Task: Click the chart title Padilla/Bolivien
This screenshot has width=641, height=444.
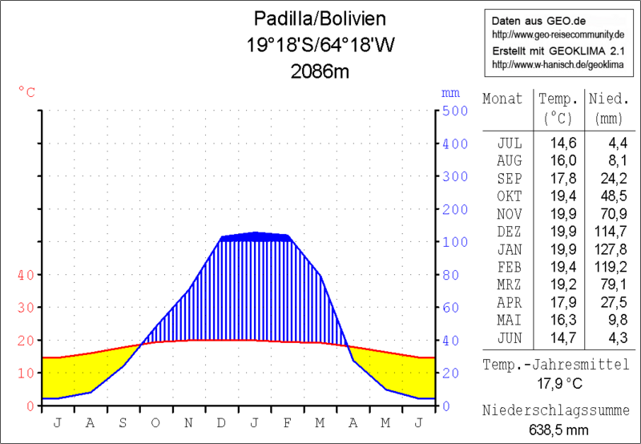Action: click(x=320, y=18)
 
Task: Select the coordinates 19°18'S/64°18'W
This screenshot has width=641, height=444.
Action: click(x=320, y=45)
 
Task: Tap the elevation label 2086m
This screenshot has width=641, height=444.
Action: click(x=320, y=71)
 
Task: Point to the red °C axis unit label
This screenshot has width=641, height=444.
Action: click(x=26, y=92)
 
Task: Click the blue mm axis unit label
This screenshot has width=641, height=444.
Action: click(x=450, y=92)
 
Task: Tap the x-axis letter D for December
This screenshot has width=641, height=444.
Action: click(x=221, y=422)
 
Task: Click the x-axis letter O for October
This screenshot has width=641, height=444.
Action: click(x=155, y=422)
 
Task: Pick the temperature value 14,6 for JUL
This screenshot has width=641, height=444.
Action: click(x=558, y=143)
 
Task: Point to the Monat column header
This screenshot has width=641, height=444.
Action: click(x=502, y=99)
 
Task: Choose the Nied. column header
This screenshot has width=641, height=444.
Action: click(x=608, y=99)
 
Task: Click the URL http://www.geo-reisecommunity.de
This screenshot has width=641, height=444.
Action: click(x=558, y=35)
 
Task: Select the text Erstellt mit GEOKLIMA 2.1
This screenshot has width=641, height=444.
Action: click(x=558, y=50)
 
